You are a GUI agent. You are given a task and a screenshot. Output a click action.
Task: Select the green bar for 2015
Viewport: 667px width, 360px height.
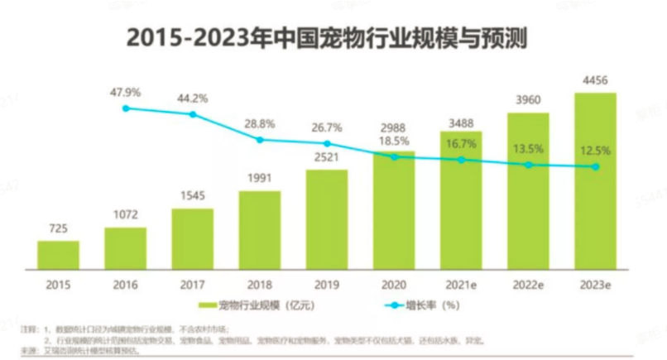(x=58, y=255)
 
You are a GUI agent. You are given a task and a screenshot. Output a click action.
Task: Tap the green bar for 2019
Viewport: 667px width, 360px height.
(x=326, y=218)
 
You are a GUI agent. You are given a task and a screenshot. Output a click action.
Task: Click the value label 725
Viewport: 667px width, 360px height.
(x=58, y=228)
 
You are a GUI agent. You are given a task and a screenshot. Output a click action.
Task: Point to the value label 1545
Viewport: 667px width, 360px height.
(x=192, y=195)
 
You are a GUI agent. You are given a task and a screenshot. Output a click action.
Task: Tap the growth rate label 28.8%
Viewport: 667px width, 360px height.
(x=260, y=123)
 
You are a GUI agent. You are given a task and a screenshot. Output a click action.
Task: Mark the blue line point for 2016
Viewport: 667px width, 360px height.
(x=126, y=108)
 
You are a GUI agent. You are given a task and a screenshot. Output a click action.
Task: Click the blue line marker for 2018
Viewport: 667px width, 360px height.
(x=260, y=140)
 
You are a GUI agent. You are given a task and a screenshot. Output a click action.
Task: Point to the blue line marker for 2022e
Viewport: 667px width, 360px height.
(x=527, y=165)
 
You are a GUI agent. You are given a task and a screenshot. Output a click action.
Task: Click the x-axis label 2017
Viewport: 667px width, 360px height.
(x=192, y=283)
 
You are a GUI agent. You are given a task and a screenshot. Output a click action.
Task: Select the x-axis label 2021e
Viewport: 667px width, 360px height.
(x=460, y=283)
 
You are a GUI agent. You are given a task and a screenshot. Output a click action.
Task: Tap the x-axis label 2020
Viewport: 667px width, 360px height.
(x=393, y=283)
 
